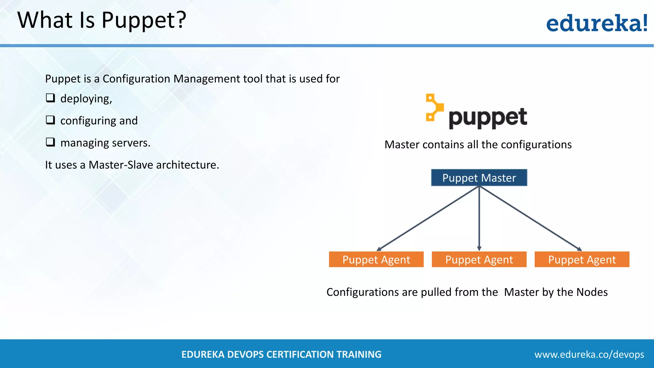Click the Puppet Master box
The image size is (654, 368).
(479, 178)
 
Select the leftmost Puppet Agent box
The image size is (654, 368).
(376, 259)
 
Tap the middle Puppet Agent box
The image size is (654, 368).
(479, 259)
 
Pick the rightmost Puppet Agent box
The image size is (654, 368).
(582, 259)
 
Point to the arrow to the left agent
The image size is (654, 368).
(428, 218)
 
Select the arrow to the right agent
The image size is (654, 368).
(530, 218)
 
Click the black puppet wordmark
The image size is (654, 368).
(488, 118)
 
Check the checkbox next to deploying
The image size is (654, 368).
(50, 98)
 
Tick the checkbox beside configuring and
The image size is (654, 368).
(50, 120)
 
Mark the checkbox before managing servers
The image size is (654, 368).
(50, 142)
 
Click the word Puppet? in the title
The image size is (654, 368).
(144, 20)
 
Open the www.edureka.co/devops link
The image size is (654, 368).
(589, 354)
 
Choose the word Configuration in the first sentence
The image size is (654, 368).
(136, 79)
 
